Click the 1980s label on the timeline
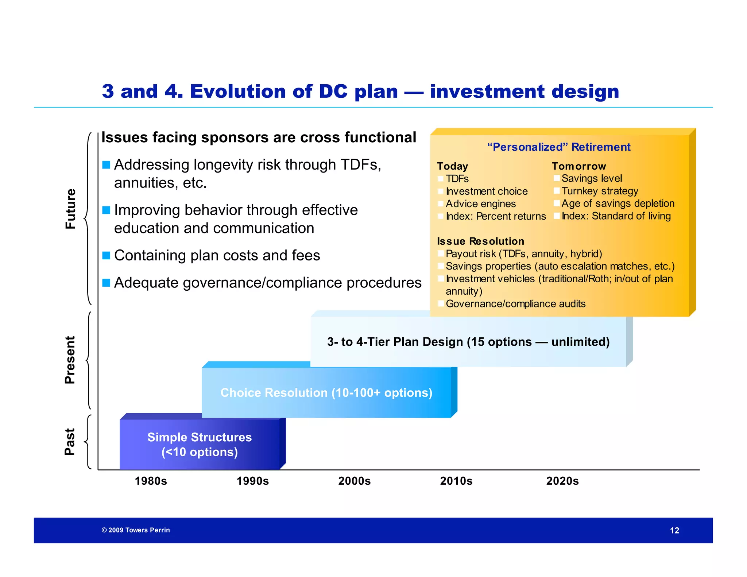151,481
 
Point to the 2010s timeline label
456,481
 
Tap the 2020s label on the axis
562,481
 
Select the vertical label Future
70,209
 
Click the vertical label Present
70,360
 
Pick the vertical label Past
70,442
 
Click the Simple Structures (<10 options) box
199,444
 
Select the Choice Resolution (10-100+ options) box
326,392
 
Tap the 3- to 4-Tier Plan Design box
468,342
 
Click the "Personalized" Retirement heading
558,147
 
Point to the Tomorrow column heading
578,166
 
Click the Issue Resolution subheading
480,241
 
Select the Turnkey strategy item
599,191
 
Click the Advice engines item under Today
480,204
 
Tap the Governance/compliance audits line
515,303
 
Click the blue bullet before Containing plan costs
106,255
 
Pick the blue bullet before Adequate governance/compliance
106,283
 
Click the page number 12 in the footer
674,530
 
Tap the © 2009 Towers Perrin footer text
136,530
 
